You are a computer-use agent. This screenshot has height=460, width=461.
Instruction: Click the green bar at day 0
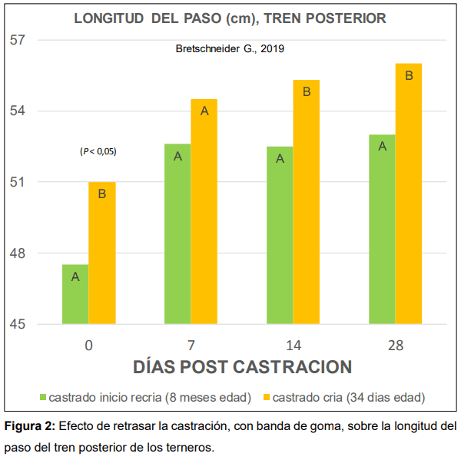click(x=75, y=295)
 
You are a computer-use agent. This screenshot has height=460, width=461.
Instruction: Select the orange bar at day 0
click(x=102, y=253)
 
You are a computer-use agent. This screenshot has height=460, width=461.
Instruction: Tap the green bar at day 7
click(x=177, y=234)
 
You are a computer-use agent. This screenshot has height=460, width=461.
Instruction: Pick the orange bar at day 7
click(x=204, y=212)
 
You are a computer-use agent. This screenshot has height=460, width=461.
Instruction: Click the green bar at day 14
click(x=280, y=236)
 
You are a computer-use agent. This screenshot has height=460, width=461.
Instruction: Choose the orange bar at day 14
click(x=307, y=202)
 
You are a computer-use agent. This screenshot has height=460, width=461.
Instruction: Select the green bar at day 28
click(x=382, y=230)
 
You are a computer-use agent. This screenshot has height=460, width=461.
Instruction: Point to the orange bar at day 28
click(x=409, y=194)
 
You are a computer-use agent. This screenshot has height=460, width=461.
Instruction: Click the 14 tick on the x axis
click(x=294, y=346)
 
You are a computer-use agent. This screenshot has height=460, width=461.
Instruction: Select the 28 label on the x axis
click(x=396, y=346)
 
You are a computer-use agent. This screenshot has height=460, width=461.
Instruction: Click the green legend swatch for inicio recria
click(x=42, y=398)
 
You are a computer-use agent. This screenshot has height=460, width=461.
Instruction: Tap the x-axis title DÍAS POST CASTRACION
click(x=242, y=367)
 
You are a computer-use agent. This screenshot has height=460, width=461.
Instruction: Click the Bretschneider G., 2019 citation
click(x=230, y=48)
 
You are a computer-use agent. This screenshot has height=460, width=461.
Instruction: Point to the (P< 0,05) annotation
click(x=98, y=151)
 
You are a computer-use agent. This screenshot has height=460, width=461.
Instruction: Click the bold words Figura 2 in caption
click(x=29, y=425)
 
